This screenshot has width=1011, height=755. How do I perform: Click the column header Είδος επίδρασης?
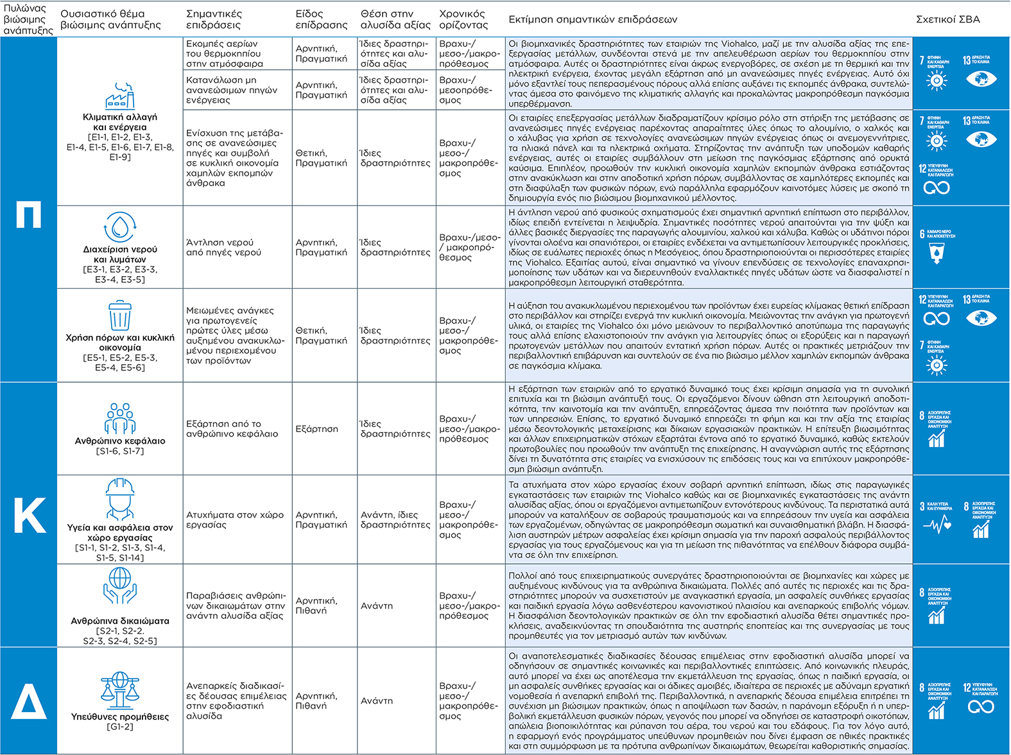321,19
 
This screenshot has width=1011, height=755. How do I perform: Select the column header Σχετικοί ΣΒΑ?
947,19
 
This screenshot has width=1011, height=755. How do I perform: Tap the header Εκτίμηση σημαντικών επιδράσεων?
592,19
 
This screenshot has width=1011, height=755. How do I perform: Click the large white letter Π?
28,214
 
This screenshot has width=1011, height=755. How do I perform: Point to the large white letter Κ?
29,516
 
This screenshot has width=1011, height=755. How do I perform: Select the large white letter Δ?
28,700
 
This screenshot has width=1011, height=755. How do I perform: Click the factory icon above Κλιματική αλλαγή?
120,96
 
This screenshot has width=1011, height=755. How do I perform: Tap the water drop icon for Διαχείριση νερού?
120,227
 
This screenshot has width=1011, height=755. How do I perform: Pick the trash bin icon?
120,315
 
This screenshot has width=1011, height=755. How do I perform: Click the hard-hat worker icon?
120,498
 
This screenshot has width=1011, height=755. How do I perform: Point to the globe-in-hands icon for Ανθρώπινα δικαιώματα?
120,586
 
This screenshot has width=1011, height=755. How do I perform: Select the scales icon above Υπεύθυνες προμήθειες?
120,690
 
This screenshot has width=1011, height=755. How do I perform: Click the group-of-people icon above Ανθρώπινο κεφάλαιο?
120,419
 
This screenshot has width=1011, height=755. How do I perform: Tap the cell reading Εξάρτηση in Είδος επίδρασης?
316,429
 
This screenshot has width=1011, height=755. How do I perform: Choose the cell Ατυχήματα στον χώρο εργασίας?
235,520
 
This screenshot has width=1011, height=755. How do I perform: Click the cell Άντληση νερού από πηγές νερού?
223,247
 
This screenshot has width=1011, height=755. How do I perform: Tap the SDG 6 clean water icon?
937,247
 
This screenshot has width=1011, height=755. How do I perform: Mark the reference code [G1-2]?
120,727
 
